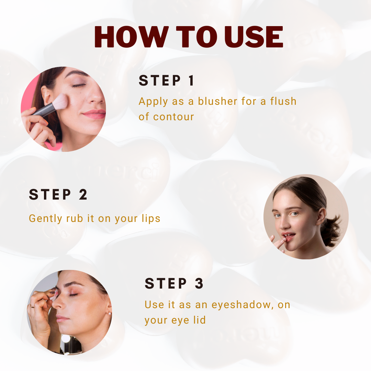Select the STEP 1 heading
coord(167,81)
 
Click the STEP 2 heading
coord(58,195)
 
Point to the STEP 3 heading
coord(174,284)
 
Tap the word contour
coord(173,117)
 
